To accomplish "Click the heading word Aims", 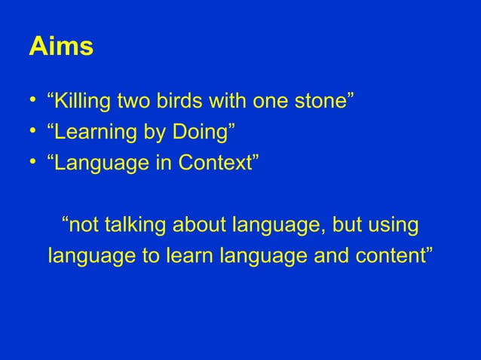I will (x=61, y=47).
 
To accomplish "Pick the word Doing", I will (x=201, y=134).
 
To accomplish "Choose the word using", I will (x=389, y=225).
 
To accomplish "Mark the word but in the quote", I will (x=340, y=225).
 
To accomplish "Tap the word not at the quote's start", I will (x=84, y=225).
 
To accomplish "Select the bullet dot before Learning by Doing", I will (x=33, y=134).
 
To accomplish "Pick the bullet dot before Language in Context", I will (x=33, y=165).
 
